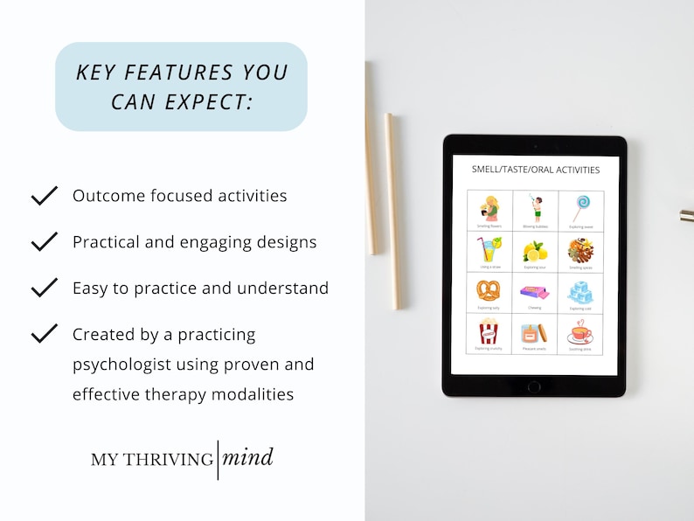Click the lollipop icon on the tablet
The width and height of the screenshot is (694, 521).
[x=580, y=207]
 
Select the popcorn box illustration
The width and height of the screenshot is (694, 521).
[x=488, y=331]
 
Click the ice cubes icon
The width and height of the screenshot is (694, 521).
[x=580, y=290]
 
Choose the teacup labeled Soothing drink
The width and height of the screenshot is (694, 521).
[x=580, y=332]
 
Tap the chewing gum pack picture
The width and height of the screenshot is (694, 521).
[x=534, y=290]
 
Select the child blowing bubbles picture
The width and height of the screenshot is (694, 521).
[x=534, y=207]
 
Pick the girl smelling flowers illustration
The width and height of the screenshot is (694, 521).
[x=488, y=207]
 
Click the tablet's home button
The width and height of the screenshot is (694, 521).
[x=534, y=386]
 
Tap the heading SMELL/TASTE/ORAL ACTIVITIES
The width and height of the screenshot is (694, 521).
[x=535, y=170]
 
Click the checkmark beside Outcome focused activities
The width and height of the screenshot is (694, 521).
[x=44, y=196]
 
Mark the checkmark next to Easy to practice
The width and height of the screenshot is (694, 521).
[x=44, y=288]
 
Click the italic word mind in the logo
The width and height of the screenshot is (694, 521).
[x=247, y=457]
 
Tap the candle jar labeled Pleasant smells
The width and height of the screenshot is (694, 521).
[x=534, y=332]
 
